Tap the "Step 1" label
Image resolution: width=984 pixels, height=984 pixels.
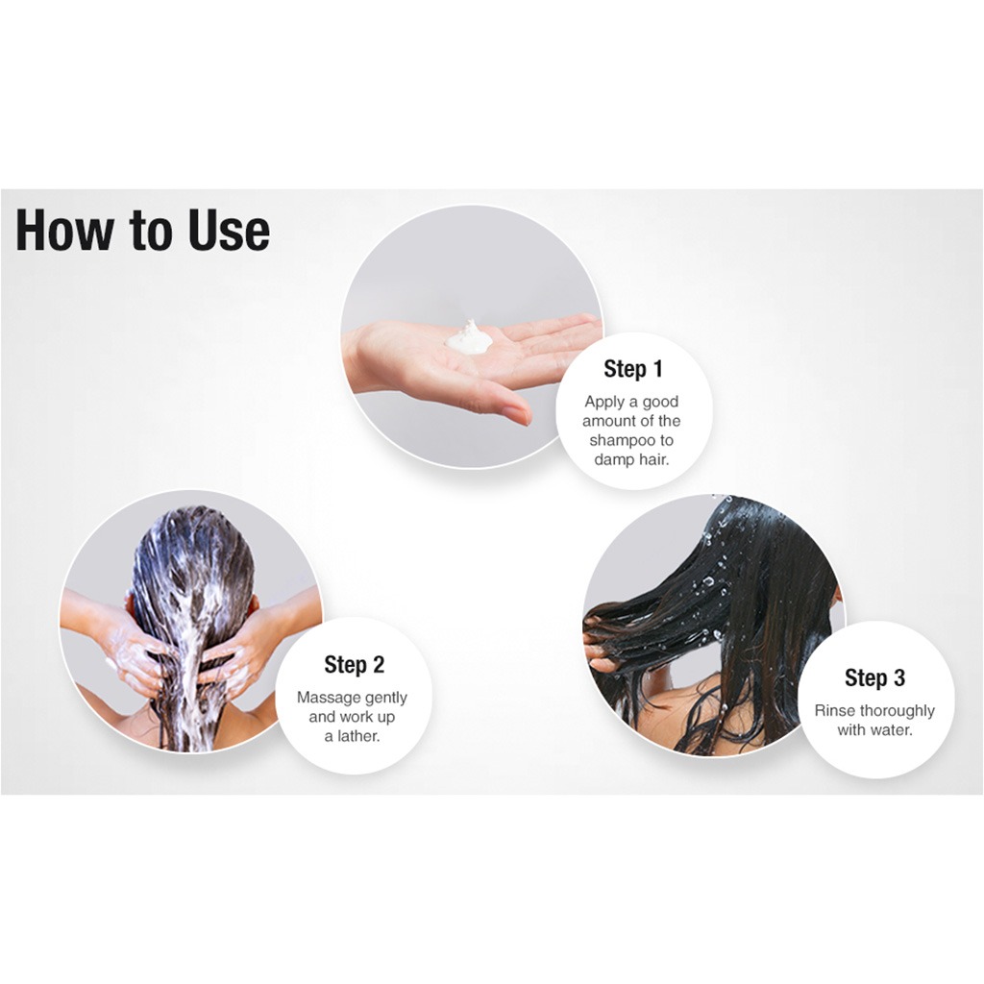click(633, 368)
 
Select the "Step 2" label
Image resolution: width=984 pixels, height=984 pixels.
click(354, 664)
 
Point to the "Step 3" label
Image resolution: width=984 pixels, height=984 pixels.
click(874, 677)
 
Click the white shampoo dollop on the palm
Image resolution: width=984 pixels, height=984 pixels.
click(470, 338)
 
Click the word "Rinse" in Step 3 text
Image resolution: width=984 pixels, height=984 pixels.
click(834, 711)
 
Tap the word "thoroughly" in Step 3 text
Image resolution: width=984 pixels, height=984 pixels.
click(897, 711)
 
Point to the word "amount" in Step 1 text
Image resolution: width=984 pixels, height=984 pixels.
click(608, 421)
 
